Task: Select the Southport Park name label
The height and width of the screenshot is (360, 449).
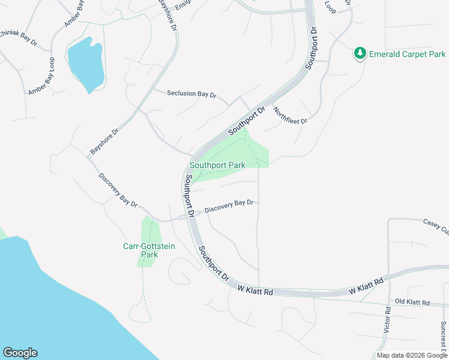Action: point(217,165)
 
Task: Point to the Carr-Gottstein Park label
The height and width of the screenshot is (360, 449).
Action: point(140,250)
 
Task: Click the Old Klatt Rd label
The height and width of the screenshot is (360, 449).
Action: point(412,303)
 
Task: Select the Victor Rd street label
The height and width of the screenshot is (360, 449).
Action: point(387,320)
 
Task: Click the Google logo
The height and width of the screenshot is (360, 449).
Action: point(20,353)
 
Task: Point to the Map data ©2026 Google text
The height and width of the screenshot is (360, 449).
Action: point(412,355)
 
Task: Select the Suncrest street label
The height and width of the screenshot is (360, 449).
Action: point(443,336)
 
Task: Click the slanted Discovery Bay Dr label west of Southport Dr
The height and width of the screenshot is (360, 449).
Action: point(118,191)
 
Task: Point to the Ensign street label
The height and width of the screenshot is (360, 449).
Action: point(182,5)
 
